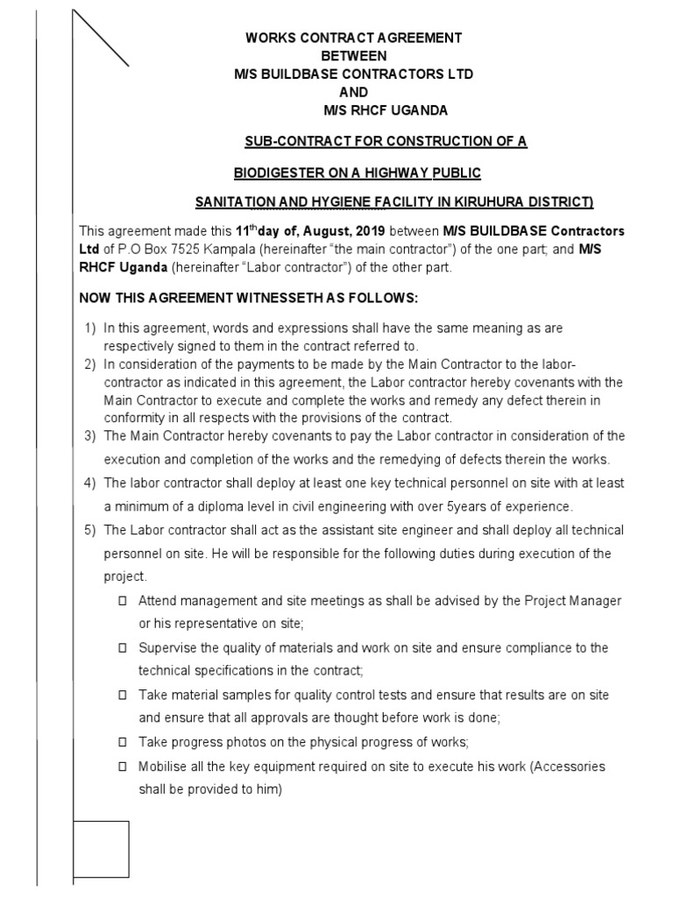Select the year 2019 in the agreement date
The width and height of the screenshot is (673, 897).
367,231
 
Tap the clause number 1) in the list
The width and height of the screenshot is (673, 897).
89,328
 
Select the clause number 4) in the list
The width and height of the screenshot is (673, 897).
89,484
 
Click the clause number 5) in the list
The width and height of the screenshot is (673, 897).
89,530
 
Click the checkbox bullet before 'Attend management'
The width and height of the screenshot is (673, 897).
122,601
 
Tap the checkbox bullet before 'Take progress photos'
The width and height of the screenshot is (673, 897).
122,743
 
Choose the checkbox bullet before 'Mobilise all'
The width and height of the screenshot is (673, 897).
122,766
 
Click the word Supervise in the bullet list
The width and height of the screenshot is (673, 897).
167,648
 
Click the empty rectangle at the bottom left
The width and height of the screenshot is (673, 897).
102,849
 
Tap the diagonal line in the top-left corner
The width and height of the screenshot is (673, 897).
100,38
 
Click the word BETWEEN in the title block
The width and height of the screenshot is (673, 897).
353,56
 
